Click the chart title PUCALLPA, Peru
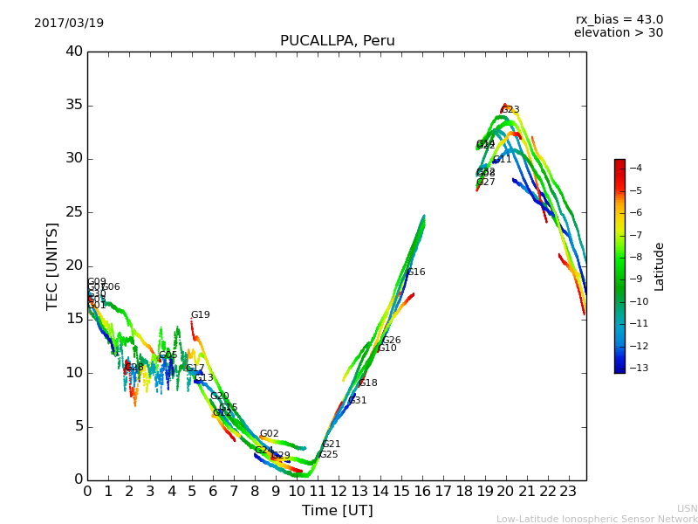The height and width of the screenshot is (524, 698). click(x=337, y=41)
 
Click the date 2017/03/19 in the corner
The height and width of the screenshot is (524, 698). click(x=69, y=24)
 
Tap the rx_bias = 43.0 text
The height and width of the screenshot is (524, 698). click(x=619, y=20)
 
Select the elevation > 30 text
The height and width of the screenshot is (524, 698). click(x=618, y=33)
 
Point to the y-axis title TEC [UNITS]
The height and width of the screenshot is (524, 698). click(x=52, y=265)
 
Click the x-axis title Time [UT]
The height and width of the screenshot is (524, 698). click(x=337, y=510)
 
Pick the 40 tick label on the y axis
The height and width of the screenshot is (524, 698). click(x=73, y=52)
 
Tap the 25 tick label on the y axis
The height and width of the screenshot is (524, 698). click(x=73, y=212)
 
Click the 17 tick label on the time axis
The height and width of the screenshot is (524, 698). click(x=443, y=491)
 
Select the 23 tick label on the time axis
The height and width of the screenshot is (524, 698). click(x=569, y=491)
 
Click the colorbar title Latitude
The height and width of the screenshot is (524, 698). click(x=660, y=265)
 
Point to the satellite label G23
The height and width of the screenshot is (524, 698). click(x=510, y=110)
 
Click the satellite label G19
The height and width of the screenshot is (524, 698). click(x=201, y=315)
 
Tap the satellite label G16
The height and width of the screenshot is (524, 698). click(x=416, y=272)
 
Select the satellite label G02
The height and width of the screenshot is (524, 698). click(x=269, y=434)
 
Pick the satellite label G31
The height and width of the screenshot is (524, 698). click(x=358, y=401)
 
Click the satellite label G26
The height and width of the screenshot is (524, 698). click(x=392, y=341)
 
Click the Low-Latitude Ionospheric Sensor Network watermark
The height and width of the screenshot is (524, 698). click(x=597, y=519)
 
